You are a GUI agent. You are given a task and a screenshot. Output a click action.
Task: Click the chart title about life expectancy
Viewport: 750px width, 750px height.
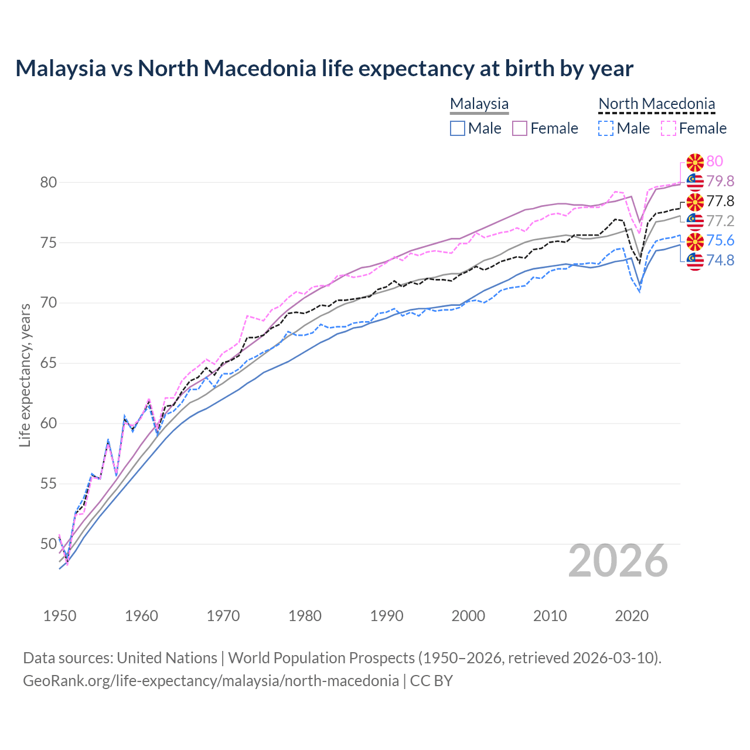click(324, 69)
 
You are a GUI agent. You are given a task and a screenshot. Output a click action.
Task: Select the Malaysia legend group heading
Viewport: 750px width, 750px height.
click(479, 104)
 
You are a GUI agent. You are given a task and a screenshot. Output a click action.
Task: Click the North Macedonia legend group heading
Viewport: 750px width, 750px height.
click(656, 104)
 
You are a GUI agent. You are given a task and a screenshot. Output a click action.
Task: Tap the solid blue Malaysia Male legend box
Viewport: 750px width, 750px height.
click(458, 128)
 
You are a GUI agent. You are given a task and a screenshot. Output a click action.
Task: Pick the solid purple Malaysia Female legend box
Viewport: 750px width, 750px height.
click(520, 128)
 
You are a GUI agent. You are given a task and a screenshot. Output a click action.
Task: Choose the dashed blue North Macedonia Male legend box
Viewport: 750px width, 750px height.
click(606, 128)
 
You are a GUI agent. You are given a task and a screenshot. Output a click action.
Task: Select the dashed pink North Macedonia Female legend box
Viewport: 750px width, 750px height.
click(668, 128)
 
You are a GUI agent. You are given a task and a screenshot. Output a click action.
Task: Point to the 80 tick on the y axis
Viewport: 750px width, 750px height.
click(48, 182)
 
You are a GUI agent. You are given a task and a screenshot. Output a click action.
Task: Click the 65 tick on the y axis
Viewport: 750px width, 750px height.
click(48, 363)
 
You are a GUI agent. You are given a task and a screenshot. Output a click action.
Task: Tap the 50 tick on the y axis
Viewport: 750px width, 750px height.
click(48, 544)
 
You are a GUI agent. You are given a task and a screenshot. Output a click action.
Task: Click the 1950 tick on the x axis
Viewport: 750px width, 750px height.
click(60, 616)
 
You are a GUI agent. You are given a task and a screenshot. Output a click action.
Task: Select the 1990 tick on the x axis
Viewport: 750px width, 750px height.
click(387, 616)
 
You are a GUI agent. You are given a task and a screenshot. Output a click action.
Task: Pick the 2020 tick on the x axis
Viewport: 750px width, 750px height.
click(632, 616)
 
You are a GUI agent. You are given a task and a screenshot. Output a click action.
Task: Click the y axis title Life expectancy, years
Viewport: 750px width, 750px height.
click(25, 375)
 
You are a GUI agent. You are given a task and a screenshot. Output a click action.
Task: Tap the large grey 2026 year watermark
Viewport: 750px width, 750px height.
click(618, 561)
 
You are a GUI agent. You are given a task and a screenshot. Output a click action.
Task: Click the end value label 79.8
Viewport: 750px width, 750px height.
click(720, 181)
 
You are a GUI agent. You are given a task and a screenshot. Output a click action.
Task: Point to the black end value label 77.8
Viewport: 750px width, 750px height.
click(720, 201)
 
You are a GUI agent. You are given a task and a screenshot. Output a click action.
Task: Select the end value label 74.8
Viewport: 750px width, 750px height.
click(720, 260)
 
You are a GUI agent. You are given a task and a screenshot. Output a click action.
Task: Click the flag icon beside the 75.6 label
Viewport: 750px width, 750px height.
click(695, 241)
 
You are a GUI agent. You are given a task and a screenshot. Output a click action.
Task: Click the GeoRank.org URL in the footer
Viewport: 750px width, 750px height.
click(211, 681)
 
